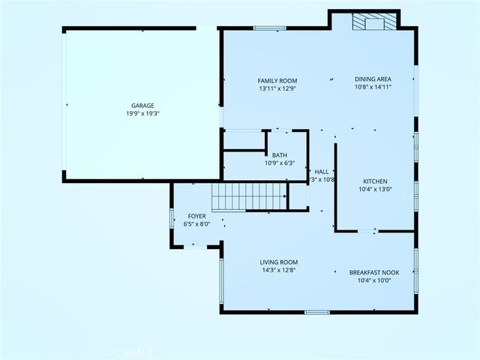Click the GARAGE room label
tap(142, 105)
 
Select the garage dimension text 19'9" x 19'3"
tap(142, 114)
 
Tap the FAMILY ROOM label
tap(277, 80)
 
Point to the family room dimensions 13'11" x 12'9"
tap(277, 88)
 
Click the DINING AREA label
tap(373, 79)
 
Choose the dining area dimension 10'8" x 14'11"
tap(373, 87)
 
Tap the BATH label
tap(279, 155)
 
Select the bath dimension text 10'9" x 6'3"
tap(279, 163)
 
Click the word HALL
tap(321, 172)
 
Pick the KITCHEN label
tap(374, 181)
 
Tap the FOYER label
tap(196, 216)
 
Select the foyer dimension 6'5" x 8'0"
tap(196, 223)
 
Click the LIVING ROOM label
tap(279, 262)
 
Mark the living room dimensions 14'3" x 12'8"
tap(279, 271)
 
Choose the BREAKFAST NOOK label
tap(374, 272)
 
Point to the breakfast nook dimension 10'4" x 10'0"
tap(374, 280)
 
